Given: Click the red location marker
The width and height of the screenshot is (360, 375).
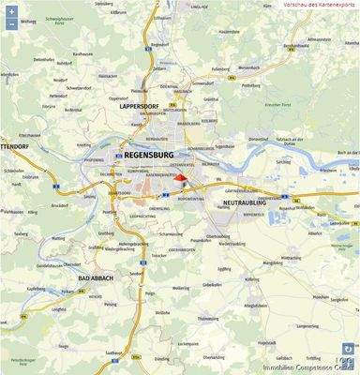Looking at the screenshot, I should point(183,167).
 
